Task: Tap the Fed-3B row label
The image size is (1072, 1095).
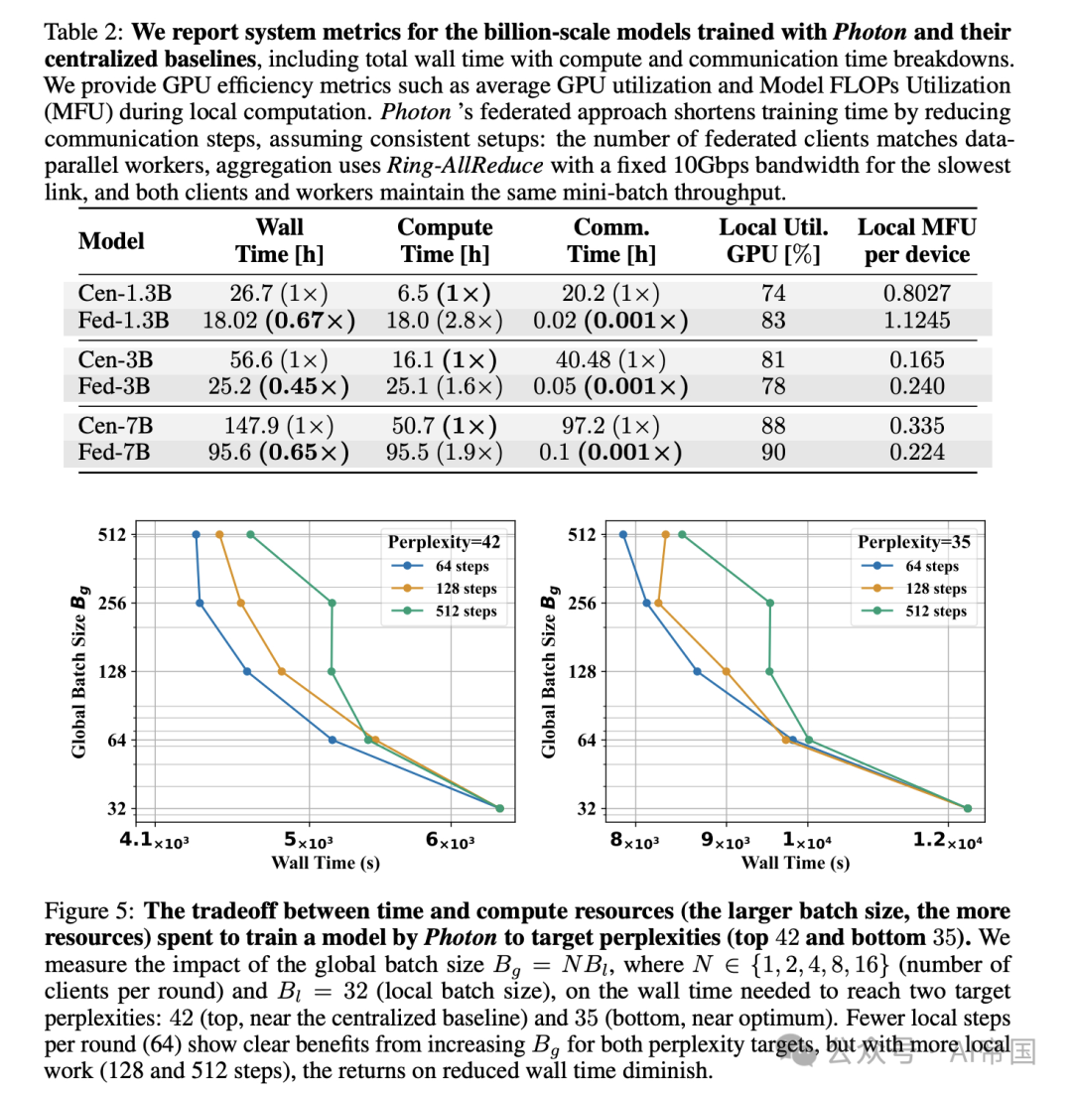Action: point(115,386)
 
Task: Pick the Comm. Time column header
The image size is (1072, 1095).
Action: point(611,240)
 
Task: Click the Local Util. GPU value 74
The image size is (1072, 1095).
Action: point(773,293)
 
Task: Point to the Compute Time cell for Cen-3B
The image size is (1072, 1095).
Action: point(444,359)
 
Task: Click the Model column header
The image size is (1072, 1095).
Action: point(111,240)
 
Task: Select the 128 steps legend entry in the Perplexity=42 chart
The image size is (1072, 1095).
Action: point(449,589)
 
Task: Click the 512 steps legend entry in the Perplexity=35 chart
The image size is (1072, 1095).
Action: point(918,611)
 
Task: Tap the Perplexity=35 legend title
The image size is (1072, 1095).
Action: point(913,542)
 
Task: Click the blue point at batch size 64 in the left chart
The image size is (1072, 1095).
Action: point(333,740)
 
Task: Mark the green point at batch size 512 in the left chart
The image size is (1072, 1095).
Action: point(250,534)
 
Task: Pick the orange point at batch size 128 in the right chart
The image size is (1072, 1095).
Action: point(726,672)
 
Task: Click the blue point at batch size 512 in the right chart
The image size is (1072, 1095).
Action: point(623,534)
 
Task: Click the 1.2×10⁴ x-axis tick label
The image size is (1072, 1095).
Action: point(947,840)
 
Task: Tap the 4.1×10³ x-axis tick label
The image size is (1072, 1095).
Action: point(154,840)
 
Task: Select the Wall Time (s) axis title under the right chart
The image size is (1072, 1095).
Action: point(795,862)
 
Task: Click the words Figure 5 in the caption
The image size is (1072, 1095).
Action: point(90,911)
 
